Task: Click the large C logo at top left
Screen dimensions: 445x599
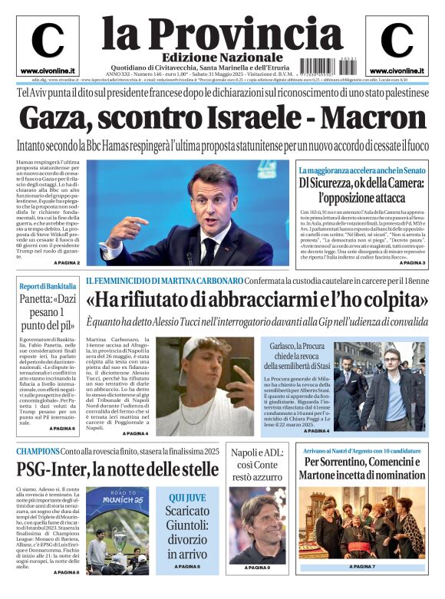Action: [47, 41]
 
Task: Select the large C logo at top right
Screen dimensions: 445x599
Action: [396, 41]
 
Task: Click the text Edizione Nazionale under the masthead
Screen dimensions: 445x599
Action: [210, 58]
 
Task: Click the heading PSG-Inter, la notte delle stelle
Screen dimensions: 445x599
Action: [117, 468]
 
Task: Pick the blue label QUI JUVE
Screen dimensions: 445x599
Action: [186, 497]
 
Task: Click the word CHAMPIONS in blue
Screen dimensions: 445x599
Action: [38, 451]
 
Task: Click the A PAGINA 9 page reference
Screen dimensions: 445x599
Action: [257, 568]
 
